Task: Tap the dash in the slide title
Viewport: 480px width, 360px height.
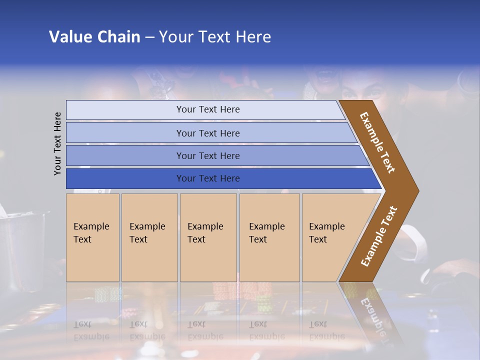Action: [x=149, y=37]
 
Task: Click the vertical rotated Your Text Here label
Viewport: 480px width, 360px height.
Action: [x=57, y=143]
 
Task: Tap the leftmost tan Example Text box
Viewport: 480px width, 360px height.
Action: [x=92, y=237]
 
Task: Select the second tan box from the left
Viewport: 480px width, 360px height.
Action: [x=149, y=237]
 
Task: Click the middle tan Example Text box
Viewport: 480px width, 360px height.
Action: [x=208, y=237]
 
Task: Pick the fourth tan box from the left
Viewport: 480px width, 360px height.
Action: [x=269, y=237]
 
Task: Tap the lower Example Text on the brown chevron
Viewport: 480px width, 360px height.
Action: [x=379, y=236]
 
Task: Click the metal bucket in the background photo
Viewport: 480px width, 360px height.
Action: [x=22, y=250]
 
